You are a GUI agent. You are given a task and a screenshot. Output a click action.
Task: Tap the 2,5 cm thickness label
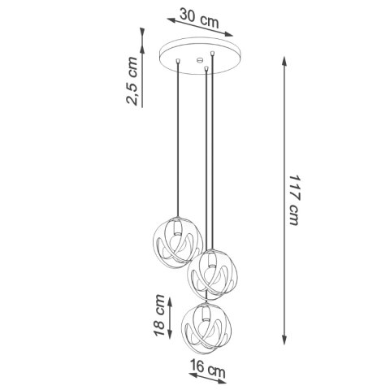pyautogui.click(x=132, y=82)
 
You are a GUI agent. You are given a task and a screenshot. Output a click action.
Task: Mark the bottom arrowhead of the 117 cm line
pyautogui.click(x=283, y=343)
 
